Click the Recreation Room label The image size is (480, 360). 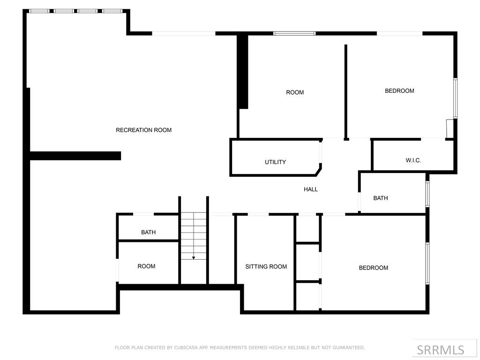[x=143, y=130]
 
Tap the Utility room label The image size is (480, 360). [x=275, y=162]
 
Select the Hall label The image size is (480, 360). [x=310, y=189]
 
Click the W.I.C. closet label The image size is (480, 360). [x=413, y=160]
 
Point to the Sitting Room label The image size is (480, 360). [x=266, y=267]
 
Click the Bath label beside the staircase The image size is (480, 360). [x=148, y=232]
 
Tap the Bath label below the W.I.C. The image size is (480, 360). [x=380, y=198]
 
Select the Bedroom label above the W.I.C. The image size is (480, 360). [x=399, y=91]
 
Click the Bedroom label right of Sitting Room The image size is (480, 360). [x=373, y=268]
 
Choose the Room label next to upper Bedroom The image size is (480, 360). [x=295, y=92]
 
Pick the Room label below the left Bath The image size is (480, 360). [x=146, y=266]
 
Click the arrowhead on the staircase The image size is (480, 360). [x=194, y=258]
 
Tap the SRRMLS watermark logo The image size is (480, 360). [x=440, y=350]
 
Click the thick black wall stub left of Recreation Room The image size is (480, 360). [x=75, y=156]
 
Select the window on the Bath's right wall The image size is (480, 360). [x=427, y=194]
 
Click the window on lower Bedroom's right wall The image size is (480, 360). [x=427, y=263]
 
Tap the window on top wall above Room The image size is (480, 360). [x=294, y=33]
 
